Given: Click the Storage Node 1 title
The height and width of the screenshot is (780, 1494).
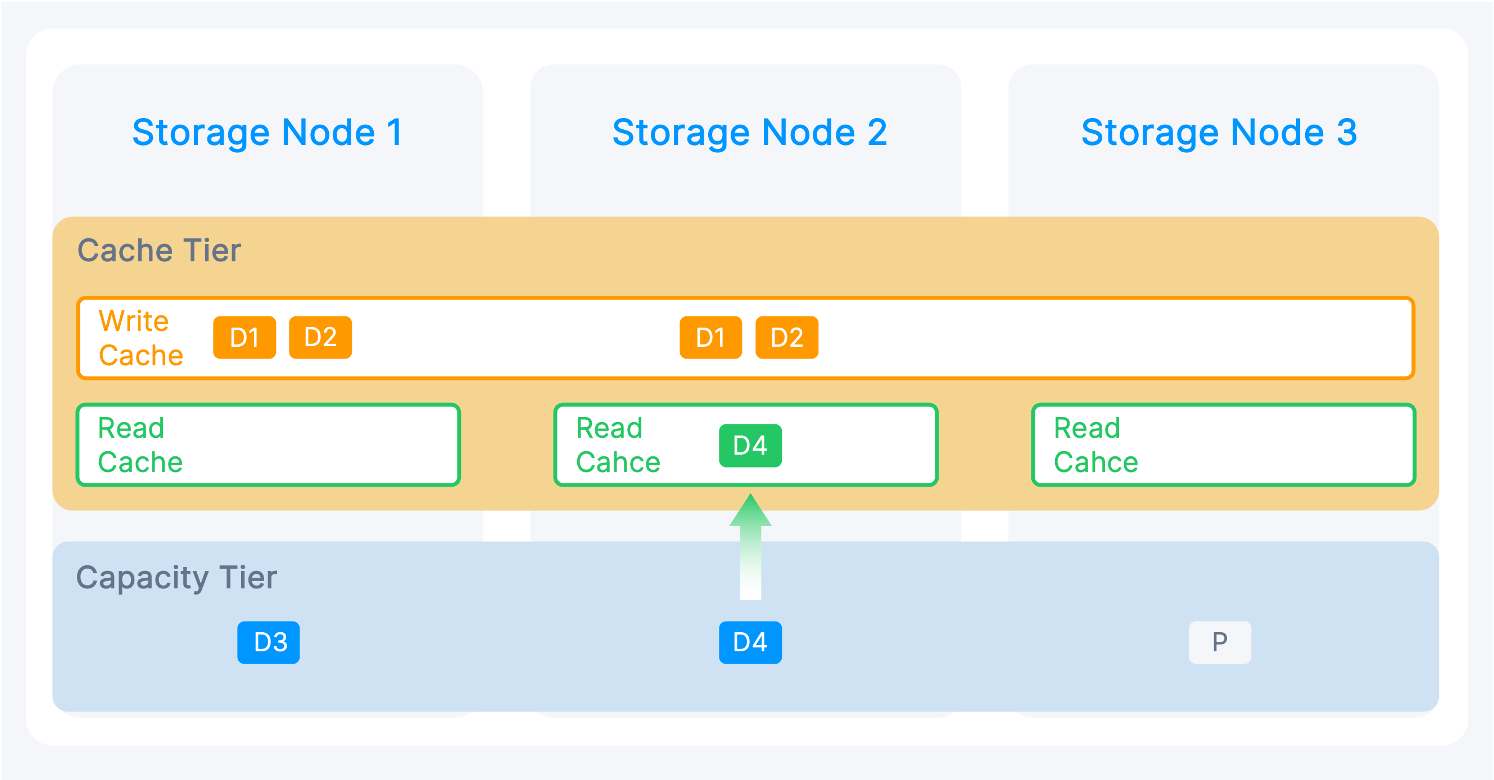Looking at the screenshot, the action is point(268,132).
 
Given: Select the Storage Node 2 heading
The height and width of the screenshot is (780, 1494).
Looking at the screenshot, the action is point(749,132).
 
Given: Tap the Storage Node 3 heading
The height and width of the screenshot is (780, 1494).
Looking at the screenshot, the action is point(1219,132).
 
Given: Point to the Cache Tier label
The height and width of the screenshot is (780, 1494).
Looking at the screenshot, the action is point(159,250).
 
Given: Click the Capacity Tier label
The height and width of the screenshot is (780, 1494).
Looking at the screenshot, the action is point(176,578).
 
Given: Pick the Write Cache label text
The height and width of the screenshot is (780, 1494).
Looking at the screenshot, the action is point(141,338).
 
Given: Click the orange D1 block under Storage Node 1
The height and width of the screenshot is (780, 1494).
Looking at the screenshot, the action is point(244,338).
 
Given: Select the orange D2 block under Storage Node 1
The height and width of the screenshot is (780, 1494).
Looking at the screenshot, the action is point(320,338).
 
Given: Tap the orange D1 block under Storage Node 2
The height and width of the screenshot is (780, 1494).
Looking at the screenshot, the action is point(710,338).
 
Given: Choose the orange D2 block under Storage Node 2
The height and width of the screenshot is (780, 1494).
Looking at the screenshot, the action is point(786,338).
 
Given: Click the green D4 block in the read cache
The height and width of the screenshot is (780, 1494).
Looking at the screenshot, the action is point(750,446).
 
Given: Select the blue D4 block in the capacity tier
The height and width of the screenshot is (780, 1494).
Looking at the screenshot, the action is point(750,642).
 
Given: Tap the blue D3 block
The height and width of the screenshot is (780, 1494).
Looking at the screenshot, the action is point(269,642).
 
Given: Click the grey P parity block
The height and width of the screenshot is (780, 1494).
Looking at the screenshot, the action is point(1220,642).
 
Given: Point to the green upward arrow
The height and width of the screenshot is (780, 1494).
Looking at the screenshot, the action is point(750,546).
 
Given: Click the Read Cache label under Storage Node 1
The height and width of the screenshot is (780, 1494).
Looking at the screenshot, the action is point(140,445).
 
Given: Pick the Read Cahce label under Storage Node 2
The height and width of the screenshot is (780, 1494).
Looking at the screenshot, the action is point(618,445).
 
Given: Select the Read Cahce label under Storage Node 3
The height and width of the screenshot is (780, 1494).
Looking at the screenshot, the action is point(1095,445).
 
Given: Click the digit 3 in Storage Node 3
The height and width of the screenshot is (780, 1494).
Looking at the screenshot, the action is point(1347,132).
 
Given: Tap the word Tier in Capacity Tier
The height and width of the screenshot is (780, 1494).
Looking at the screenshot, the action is point(248,578).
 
